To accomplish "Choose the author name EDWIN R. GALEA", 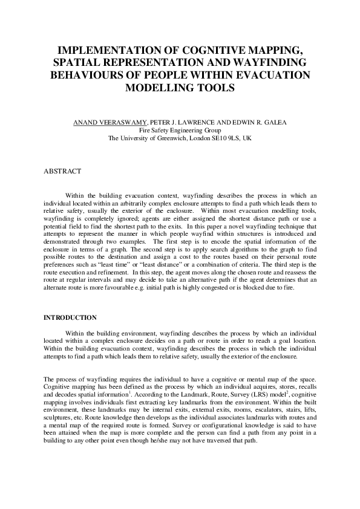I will (x=256, y=123).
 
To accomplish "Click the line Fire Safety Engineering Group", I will (x=180, y=131).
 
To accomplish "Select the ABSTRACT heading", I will (x=62, y=172).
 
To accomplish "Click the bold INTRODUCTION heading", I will (x=71, y=317).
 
